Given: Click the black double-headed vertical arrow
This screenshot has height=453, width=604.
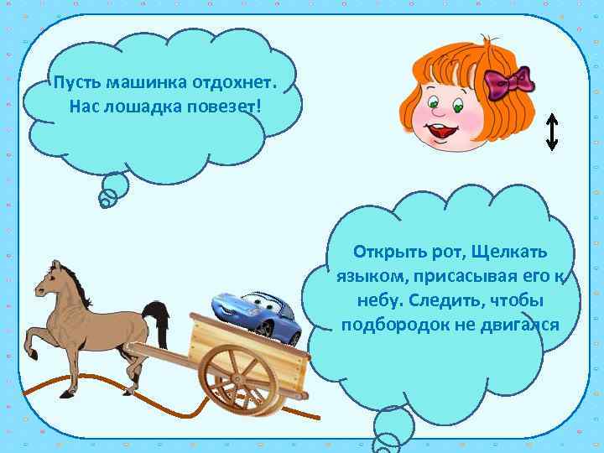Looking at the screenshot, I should (551, 132).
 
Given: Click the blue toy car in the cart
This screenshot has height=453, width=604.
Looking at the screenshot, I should (258, 315).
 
